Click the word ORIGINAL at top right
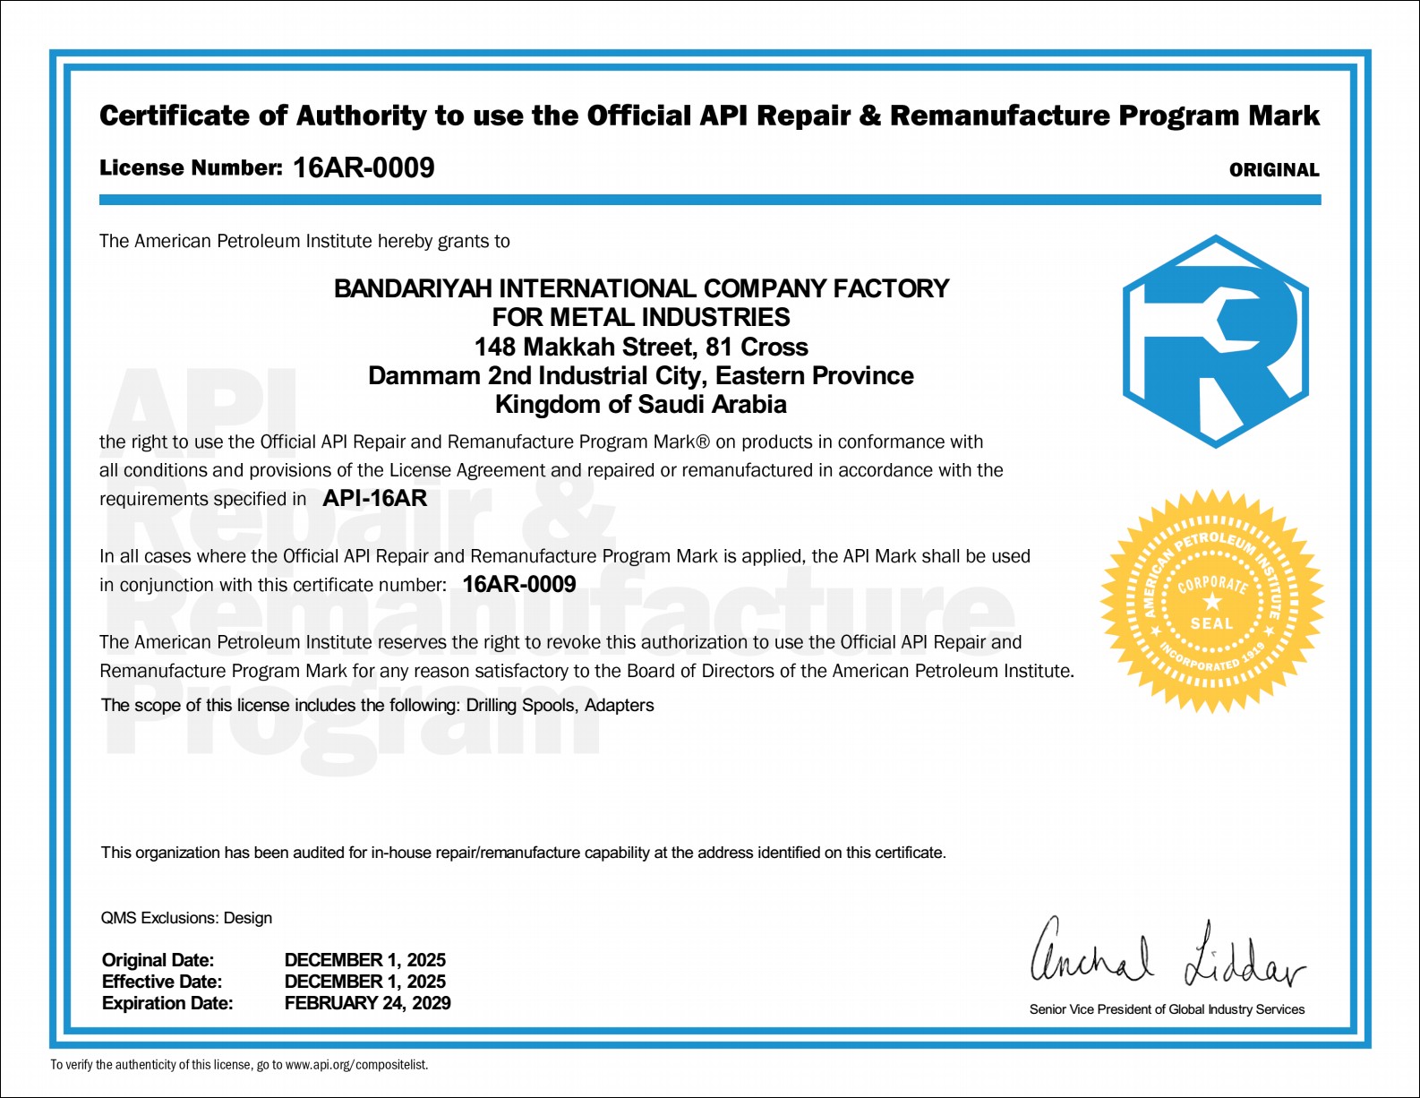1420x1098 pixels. pyautogui.click(x=1273, y=170)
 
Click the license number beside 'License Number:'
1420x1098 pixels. pyautogui.click(x=364, y=167)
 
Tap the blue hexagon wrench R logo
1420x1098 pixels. pyautogui.click(x=1215, y=341)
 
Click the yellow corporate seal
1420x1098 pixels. pyautogui.click(x=1211, y=602)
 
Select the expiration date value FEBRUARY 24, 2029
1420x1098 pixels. pyautogui.click(x=367, y=1003)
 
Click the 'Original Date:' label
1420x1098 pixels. pyautogui.click(x=158, y=960)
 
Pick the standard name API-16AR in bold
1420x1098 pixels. pyautogui.click(x=374, y=499)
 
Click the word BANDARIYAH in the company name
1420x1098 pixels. pyautogui.click(x=413, y=288)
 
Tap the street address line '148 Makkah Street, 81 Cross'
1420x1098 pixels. pyautogui.click(x=641, y=347)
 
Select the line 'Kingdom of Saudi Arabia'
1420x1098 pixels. pyautogui.click(x=641, y=405)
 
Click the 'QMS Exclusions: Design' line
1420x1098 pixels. pyautogui.click(x=186, y=918)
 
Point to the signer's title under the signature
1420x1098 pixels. pyautogui.click(x=1167, y=1009)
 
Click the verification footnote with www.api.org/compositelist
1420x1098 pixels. pyautogui.click(x=239, y=1065)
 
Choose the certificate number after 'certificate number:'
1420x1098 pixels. pyautogui.click(x=519, y=585)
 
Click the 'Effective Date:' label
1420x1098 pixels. pyautogui.click(x=162, y=982)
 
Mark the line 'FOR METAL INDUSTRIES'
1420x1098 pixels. pyautogui.click(x=641, y=317)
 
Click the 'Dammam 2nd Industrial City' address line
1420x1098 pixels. pyautogui.click(x=641, y=375)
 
